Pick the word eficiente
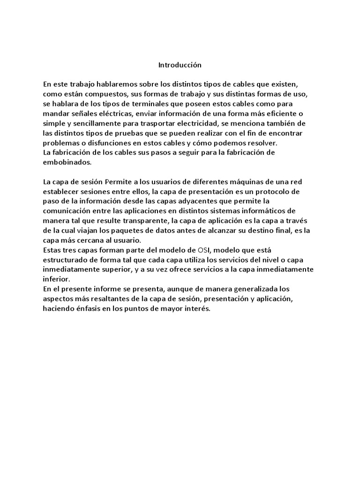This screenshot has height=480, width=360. point(293,113)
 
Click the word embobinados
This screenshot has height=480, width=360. point(65,162)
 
